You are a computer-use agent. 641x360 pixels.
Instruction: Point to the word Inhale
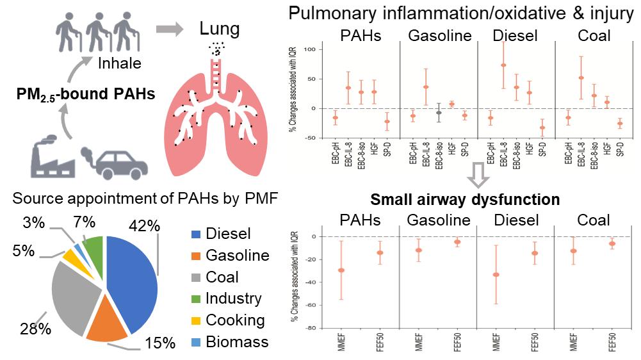pyautogui.click(x=120, y=63)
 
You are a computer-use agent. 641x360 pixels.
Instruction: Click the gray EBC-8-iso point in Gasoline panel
pyautogui.click(x=438, y=113)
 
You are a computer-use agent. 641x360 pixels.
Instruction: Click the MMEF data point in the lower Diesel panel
pyautogui.click(x=496, y=275)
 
